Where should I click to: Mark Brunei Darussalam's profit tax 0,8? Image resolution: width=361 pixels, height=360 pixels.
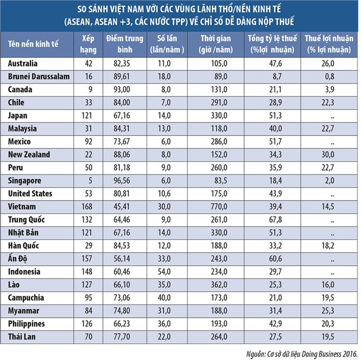337,77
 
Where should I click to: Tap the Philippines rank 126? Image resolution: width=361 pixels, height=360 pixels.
89,324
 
